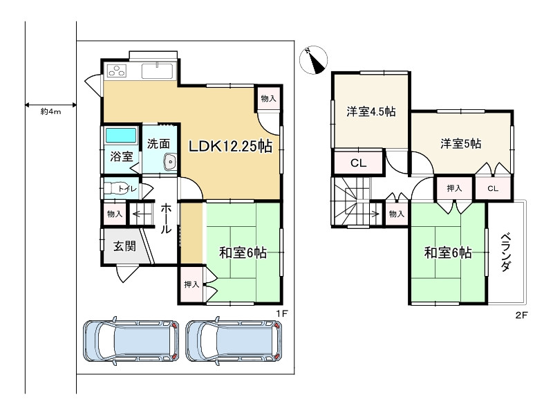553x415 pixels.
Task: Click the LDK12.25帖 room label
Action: (230, 146)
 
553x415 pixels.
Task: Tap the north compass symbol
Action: (314, 60)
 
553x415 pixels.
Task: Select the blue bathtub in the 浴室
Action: (121, 136)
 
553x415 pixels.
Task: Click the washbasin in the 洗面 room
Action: (170, 162)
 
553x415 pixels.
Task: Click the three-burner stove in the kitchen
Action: (118, 71)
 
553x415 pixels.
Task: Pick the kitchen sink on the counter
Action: (157, 71)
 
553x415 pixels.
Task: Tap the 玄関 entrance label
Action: (124, 246)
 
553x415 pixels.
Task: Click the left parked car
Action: (131, 341)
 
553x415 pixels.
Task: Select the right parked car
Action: (234, 341)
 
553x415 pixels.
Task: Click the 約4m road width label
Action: (50, 112)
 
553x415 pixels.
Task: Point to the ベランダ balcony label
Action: (506, 252)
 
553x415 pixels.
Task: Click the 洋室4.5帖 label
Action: (371, 111)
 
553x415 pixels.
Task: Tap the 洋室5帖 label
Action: (460, 144)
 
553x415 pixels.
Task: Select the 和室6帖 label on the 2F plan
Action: (448, 252)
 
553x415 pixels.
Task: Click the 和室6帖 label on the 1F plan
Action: (243, 252)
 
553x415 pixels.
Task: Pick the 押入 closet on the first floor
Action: (191, 284)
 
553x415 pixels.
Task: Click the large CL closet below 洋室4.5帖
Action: (358, 163)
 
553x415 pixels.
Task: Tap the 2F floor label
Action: (521, 315)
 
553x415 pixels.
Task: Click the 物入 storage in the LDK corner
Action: (268, 98)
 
